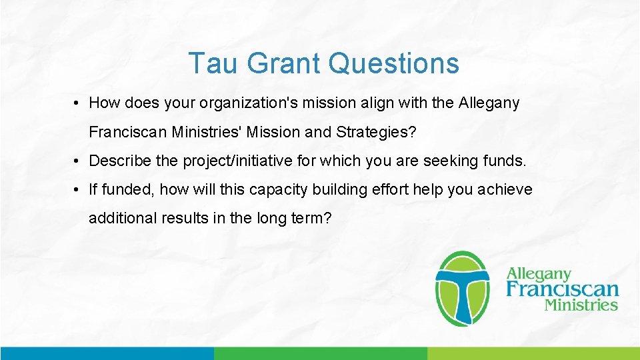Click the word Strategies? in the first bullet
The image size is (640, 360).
tap(376, 132)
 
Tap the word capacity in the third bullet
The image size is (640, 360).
tap(275, 189)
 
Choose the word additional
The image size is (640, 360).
tap(123, 218)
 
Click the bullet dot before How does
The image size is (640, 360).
tap(78, 103)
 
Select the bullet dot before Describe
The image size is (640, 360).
tap(78, 161)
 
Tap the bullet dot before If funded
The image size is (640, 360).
tap(78, 189)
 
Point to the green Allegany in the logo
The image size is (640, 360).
tap(539, 274)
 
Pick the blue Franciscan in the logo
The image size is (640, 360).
tap(562, 289)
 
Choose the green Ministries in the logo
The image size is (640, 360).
tap(581, 305)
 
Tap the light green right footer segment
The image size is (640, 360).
tap(533, 353)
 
